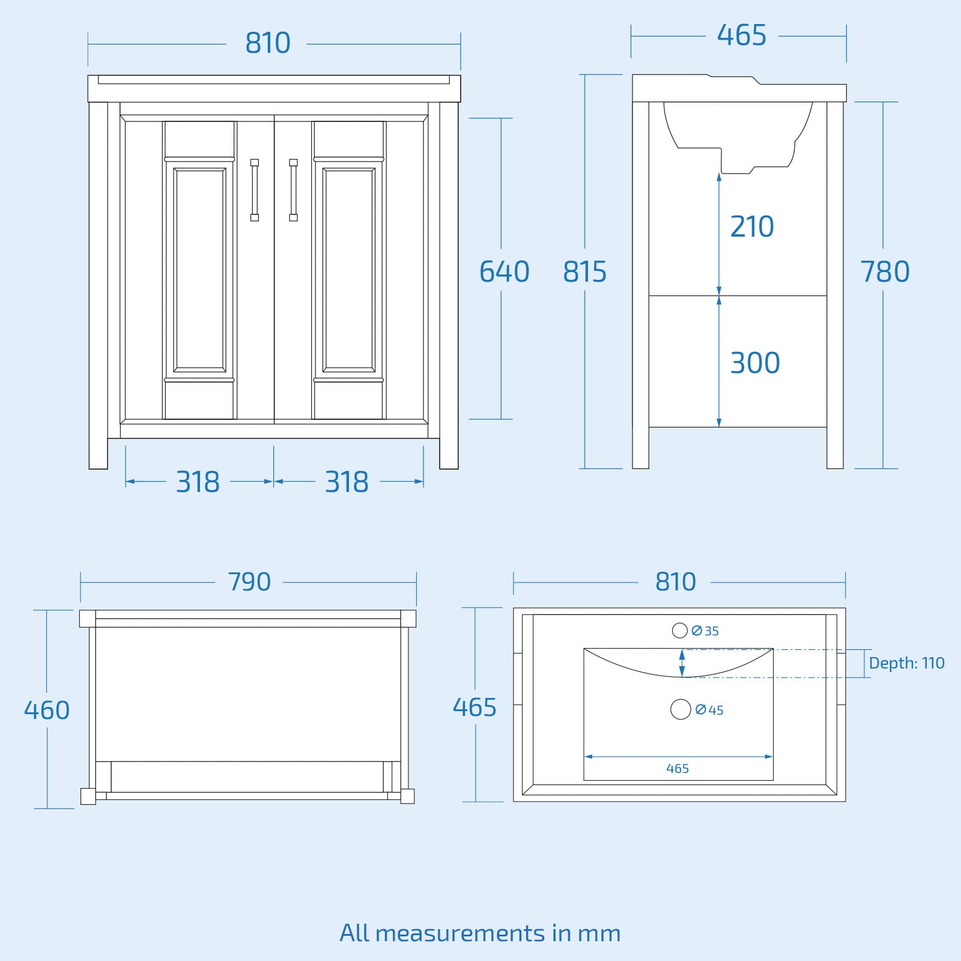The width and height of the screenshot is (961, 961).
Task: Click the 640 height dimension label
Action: (504, 271)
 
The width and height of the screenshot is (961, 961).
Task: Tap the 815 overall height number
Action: (584, 271)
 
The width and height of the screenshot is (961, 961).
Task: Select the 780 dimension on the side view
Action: (885, 271)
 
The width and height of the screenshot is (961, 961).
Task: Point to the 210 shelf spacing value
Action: (752, 226)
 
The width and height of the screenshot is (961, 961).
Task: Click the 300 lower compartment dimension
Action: (755, 363)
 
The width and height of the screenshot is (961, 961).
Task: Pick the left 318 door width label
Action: (198, 482)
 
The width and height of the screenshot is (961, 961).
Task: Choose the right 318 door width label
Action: (347, 482)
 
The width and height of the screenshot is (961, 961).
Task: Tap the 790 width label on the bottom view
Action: (249, 581)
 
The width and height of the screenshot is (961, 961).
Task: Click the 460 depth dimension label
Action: (47, 710)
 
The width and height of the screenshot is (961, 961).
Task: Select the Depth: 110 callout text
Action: (906, 663)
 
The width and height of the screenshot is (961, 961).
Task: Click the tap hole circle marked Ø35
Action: (679, 631)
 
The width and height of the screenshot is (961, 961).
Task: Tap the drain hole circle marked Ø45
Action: (681, 709)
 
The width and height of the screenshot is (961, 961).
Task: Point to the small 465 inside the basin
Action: (678, 768)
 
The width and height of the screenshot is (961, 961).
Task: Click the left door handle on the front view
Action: (255, 190)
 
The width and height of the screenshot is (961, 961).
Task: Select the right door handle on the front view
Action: (293, 190)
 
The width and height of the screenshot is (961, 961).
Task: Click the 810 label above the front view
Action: (268, 43)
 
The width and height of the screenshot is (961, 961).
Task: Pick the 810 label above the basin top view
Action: (675, 581)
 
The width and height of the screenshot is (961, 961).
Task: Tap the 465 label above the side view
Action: (742, 35)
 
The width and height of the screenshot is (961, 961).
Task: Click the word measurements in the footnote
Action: (459, 933)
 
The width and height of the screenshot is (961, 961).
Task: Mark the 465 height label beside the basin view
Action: (474, 707)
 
